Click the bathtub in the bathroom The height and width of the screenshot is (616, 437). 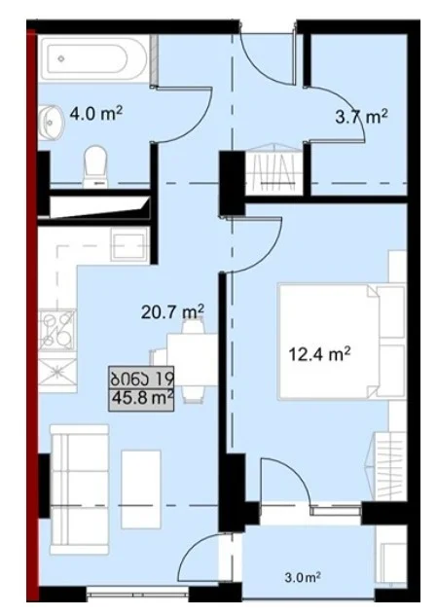(x=93, y=58)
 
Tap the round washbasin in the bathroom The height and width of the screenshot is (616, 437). (x=51, y=123)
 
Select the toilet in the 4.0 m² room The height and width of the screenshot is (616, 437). (x=95, y=166)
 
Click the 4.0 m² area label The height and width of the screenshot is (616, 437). (x=96, y=114)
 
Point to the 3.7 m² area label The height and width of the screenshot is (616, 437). (x=361, y=117)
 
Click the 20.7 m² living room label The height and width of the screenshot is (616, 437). (x=172, y=312)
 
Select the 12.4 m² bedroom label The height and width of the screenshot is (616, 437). (x=319, y=354)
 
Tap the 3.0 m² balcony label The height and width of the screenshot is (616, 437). (x=303, y=577)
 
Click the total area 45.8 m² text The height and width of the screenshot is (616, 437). (x=142, y=398)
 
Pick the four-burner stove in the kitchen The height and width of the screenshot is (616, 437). (x=57, y=330)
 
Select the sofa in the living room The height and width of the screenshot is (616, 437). (x=80, y=489)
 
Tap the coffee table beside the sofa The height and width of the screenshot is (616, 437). (x=141, y=489)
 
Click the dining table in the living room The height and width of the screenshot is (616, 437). (x=192, y=360)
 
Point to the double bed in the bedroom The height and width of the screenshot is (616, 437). (x=341, y=342)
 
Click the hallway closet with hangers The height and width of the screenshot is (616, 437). (x=273, y=169)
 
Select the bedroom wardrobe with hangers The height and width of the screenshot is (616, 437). (x=386, y=465)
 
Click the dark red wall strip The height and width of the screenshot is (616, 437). (x=32, y=314)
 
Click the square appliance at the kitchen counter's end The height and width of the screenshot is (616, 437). (x=128, y=245)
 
